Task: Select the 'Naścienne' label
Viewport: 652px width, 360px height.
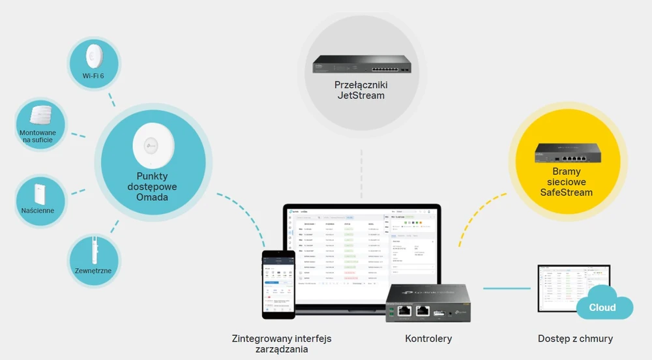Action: point(37,211)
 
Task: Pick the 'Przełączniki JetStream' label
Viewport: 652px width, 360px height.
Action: point(361,90)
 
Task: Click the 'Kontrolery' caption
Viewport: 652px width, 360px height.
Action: point(428,339)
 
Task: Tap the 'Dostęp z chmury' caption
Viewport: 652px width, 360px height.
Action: point(575,339)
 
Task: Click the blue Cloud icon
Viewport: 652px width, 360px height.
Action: point(602,307)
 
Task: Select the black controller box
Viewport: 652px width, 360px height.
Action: point(428,303)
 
